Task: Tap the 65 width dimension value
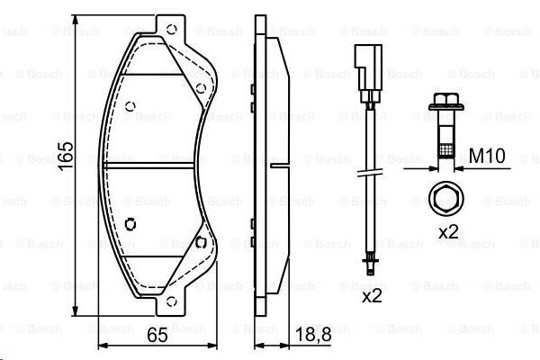[x=157, y=337]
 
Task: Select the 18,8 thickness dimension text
[x=312, y=337]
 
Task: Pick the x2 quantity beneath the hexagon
[x=447, y=231]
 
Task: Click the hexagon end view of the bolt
[x=444, y=198]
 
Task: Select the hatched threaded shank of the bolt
[x=444, y=148]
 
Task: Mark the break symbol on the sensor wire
[x=368, y=175]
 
